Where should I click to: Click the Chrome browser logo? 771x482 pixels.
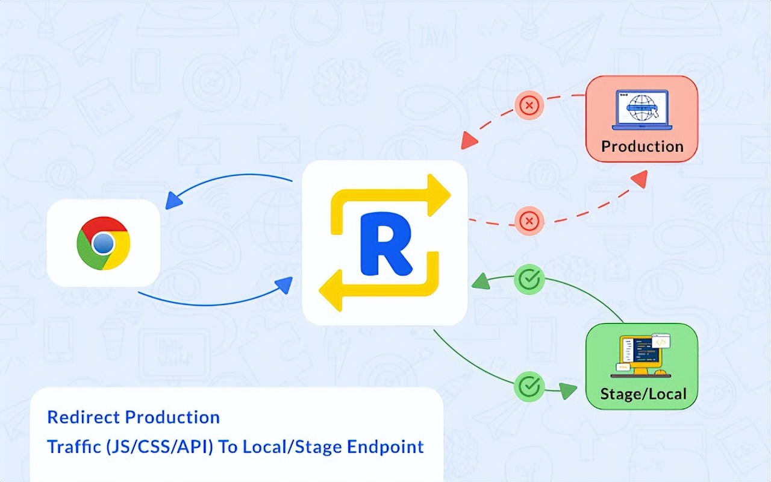pyautogui.click(x=104, y=243)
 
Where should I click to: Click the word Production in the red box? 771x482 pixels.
pyautogui.click(x=642, y=146)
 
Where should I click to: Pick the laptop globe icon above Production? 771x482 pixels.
pyautogui.click(x=642, y=109)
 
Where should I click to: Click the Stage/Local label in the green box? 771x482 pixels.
pyautogui.click(x=643, y=394)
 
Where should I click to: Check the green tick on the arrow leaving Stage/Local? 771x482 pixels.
pyautogui.click(x=529, y=279)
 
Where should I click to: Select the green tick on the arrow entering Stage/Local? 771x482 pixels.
pyautogui.click(x=529, y=386)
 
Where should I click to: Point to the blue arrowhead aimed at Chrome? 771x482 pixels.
pyautogui.click(x=174, y=200)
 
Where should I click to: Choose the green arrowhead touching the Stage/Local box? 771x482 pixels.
pyautogui.click(x=569, y=392)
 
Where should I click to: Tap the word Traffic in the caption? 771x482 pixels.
pyautogui.click(x=68, y=447)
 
